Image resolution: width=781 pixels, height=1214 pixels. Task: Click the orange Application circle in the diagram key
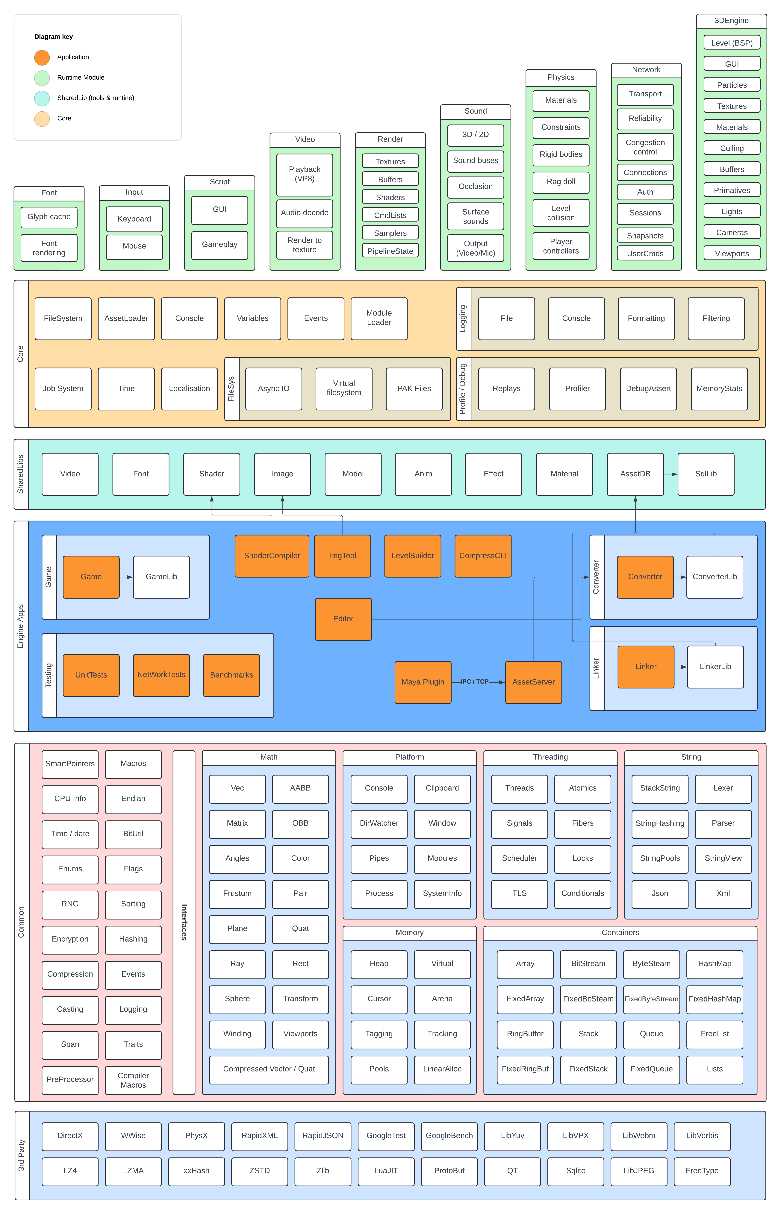[42, 57]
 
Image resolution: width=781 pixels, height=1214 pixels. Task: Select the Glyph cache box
[49, 217]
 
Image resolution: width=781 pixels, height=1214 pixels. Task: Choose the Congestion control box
[645, 147]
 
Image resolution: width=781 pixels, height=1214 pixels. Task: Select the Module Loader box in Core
[379, 318]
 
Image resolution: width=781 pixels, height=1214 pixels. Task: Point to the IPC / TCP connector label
[474, 682]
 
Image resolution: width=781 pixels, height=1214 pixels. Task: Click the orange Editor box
[343, 619]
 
